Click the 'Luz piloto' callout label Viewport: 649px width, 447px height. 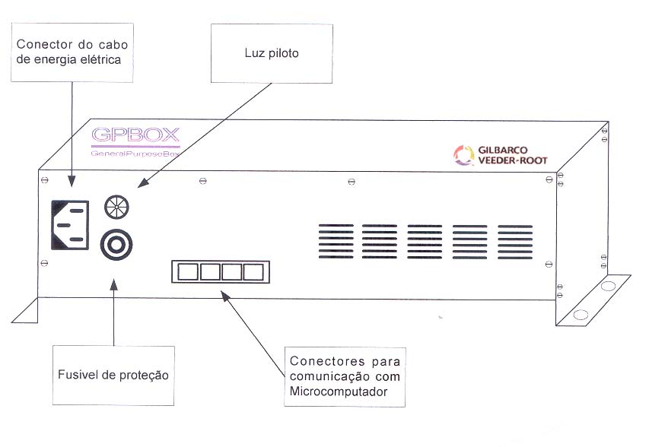click(272, 53)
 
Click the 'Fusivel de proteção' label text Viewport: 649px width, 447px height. click(113, 375)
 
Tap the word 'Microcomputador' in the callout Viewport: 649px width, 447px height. click(339, 392)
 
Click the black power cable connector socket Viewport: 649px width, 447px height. click(70, 225)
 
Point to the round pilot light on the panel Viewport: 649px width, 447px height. click(116, 208)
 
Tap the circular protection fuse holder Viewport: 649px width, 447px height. click(116, 245)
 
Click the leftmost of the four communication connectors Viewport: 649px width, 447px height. click(188, 272)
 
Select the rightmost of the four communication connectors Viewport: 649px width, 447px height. click(253, 272)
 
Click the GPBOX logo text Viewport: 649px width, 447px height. click(135, 135)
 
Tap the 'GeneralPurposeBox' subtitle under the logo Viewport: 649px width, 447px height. click(135, 154)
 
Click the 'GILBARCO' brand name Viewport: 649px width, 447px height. click(503, 150)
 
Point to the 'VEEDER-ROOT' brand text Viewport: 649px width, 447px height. click(513, 160)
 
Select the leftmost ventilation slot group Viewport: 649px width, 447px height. click(336, 241)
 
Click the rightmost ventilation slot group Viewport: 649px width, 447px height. click(515, 242)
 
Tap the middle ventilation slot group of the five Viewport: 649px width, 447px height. click(425, 242)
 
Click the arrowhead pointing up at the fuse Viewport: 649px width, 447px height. click(114, 284)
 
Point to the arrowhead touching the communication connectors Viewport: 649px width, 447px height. click(224, 296)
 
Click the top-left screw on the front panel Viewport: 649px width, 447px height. click(45, 180)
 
